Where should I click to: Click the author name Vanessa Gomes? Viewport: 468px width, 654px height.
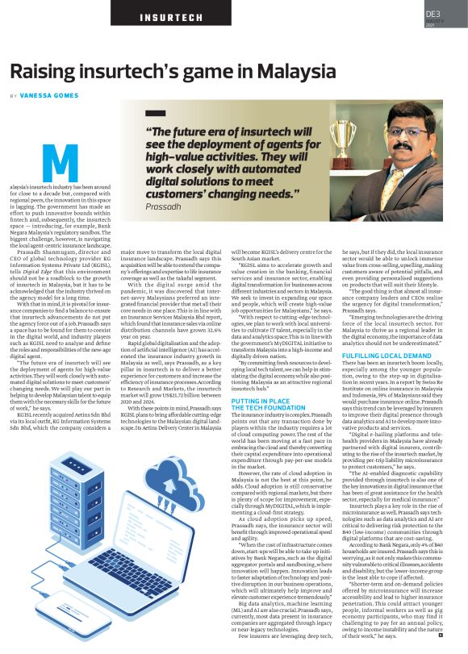[x=52, y=94]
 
